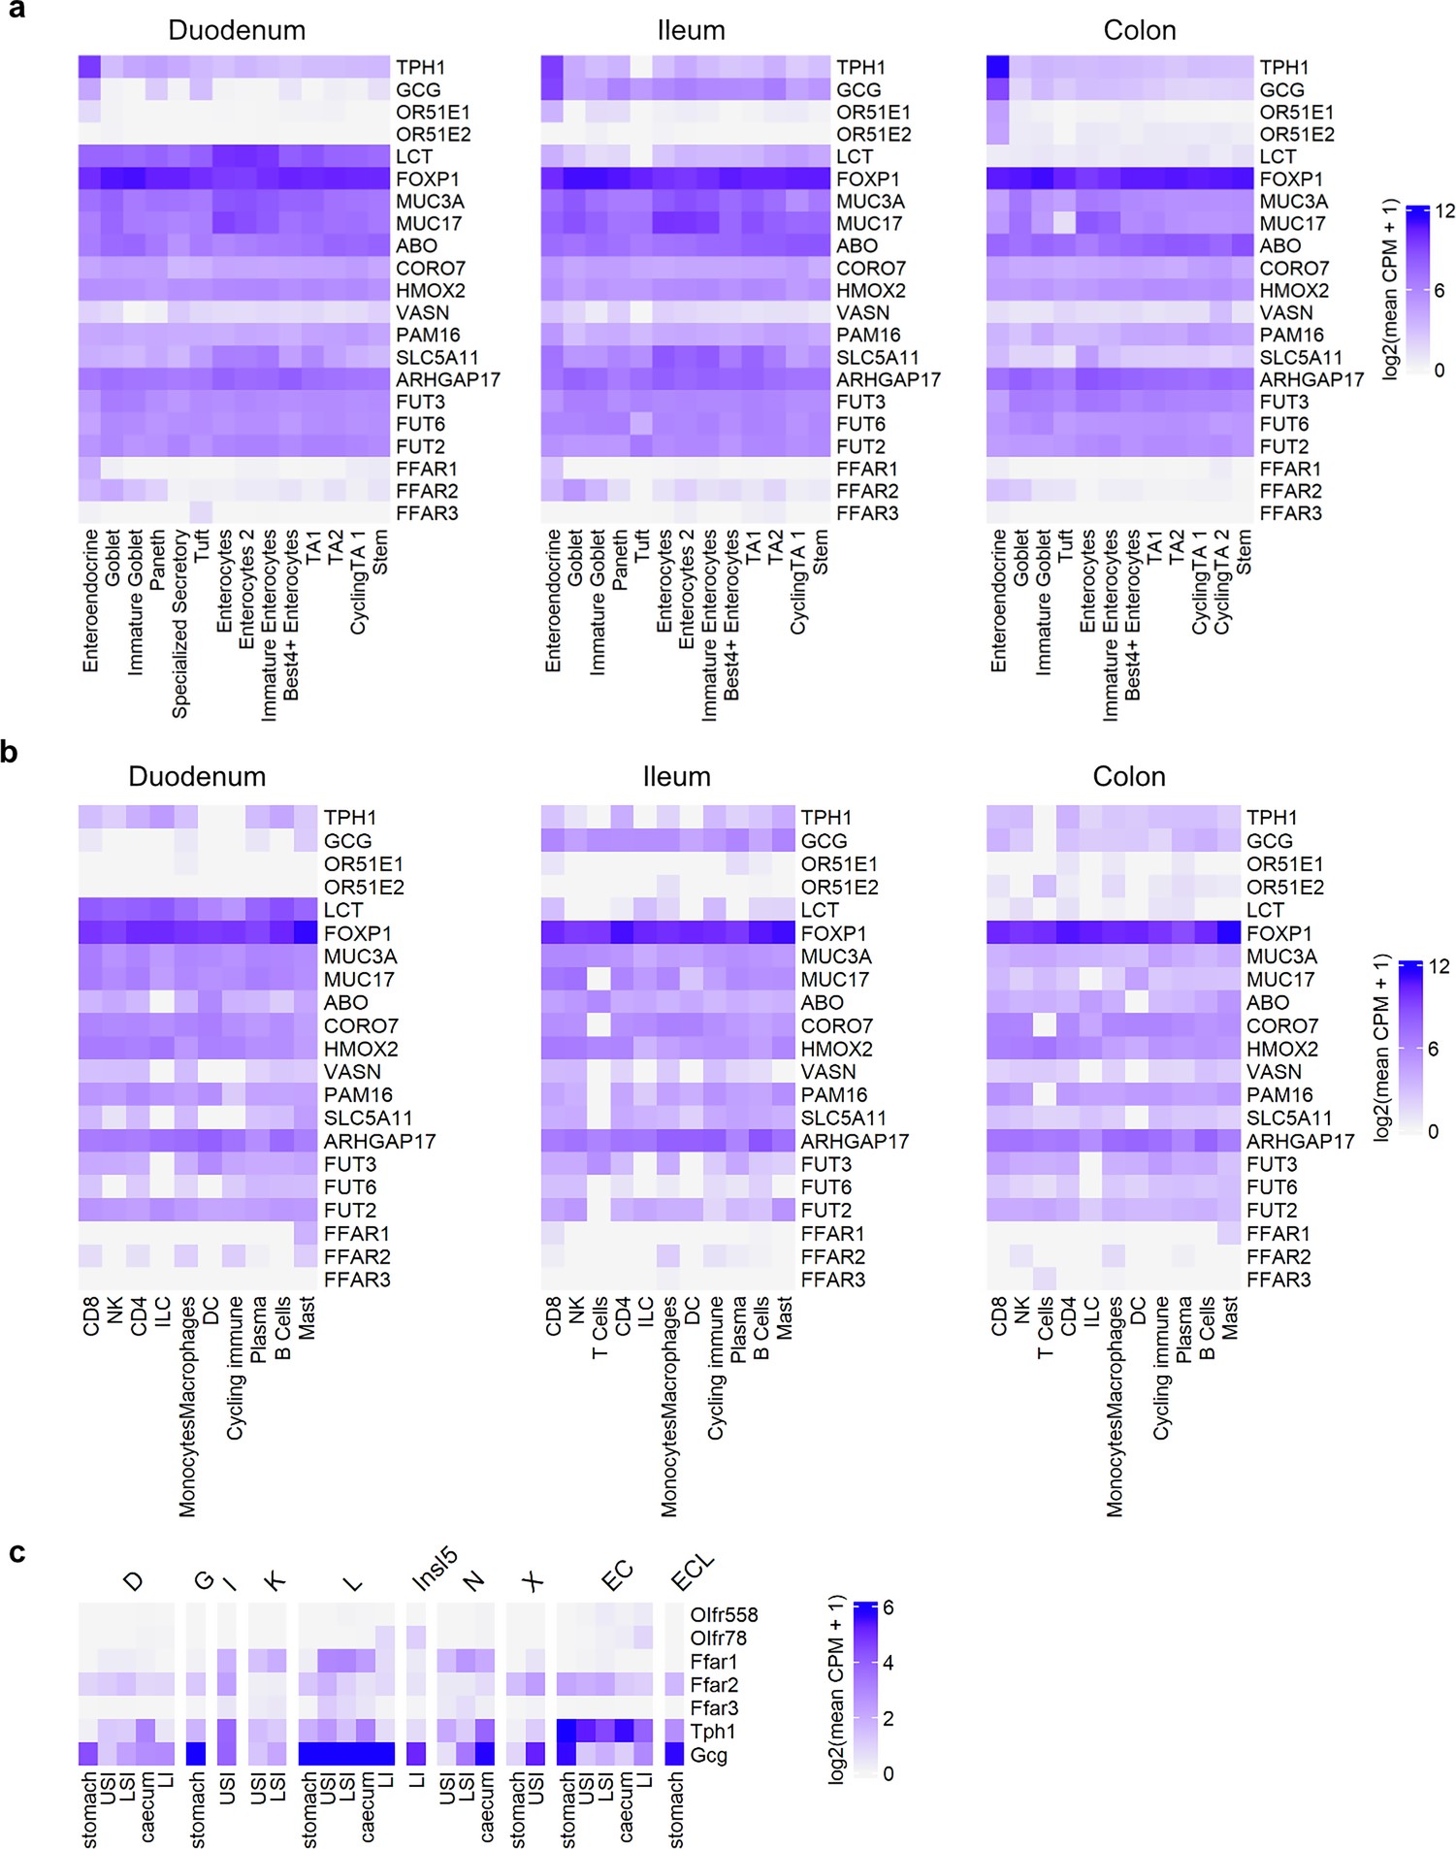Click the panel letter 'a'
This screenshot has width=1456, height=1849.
click(x=16, y=11)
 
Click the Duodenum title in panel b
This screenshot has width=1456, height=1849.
click(x=197, y=776)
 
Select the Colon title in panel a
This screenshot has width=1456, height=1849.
click(x=1139, y=30)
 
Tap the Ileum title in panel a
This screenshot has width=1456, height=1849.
click(x=691, y=30)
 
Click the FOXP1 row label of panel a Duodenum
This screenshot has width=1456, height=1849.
click(x=427, y=178)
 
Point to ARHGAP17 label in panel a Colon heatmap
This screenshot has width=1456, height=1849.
click(x=1310, y=379)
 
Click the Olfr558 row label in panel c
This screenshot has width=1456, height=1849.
click(x=724, y=1614)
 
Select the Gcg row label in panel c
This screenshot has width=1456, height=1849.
click(x=708, y=1754)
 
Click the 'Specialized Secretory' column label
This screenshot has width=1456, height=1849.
click(x=179, y=624)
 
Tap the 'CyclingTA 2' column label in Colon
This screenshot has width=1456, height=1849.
click(x=1221, y=582)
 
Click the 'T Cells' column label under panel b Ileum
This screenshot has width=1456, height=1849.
click(x=599, y=1327)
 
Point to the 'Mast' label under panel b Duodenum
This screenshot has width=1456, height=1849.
click(x=307, y=1318)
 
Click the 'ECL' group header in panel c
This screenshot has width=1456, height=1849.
click(x=692, y=1573)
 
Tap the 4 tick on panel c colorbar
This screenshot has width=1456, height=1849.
click(x=888, y=1663)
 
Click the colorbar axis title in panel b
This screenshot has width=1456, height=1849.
click(x=1382, y=1047)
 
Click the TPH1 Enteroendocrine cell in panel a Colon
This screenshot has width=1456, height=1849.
click(x=998, y=67)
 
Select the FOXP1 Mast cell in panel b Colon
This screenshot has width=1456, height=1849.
click(x=1229, y=933)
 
